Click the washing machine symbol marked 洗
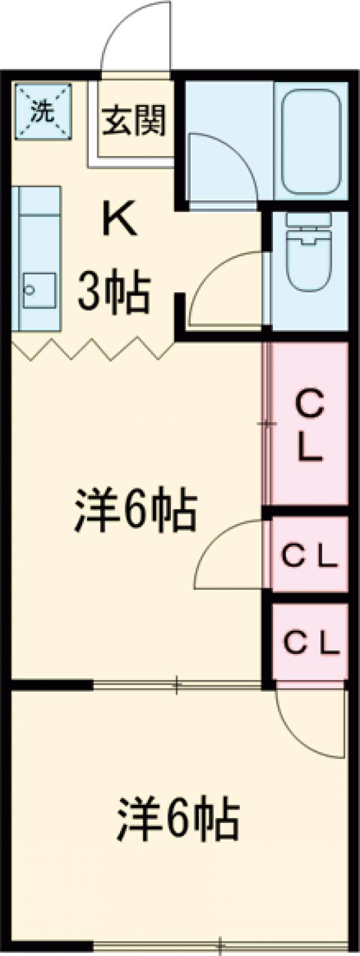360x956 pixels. (x=42, y=112)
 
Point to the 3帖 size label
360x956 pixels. (x=114, y=294)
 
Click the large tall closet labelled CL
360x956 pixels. (x=311, y=424)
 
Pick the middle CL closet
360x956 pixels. (x=311, y=558)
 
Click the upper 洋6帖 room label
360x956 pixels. (x=136, y=510)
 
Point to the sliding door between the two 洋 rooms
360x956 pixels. (x=177, y=684)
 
